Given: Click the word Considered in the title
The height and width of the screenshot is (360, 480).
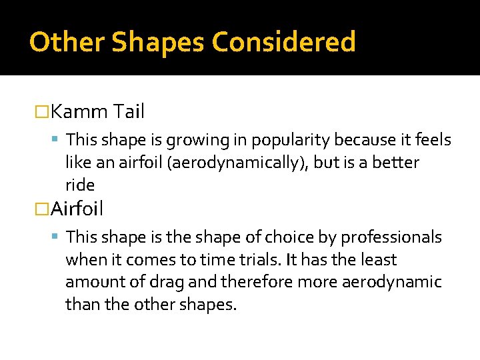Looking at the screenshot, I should pyautogui.click(x=284, y=43).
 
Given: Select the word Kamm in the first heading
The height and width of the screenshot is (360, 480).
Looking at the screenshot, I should pyautogui.click(x=79, y=111).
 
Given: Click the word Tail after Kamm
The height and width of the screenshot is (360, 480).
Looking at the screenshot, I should pyautogui.click(x=129, y=111).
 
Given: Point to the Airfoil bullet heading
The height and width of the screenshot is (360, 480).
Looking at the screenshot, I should pyautogui.click(x=77, y=209).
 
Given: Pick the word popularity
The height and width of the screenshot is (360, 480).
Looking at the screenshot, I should pyautogui.click(x=280, y=141).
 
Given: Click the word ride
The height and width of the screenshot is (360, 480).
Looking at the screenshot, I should pyautogui.click(x=80, y=185).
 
